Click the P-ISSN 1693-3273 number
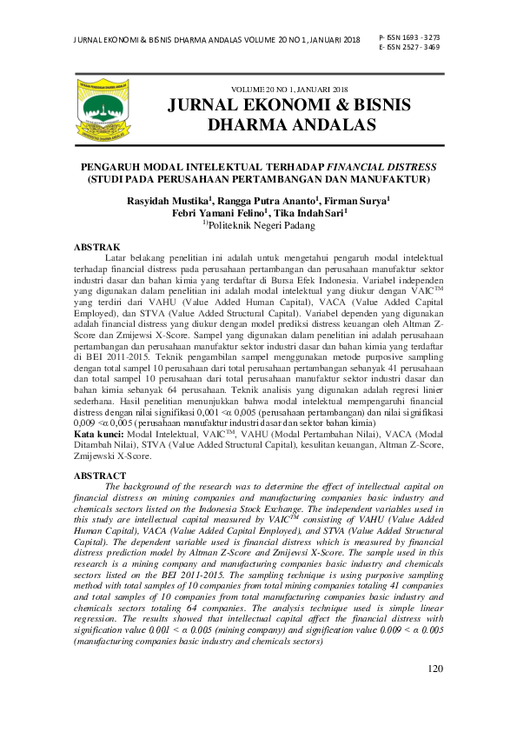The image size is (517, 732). (x=409, y=38)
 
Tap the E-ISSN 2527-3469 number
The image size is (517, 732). (x=409, y=48)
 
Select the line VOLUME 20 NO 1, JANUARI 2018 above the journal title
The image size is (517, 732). (x=288, y=89)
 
